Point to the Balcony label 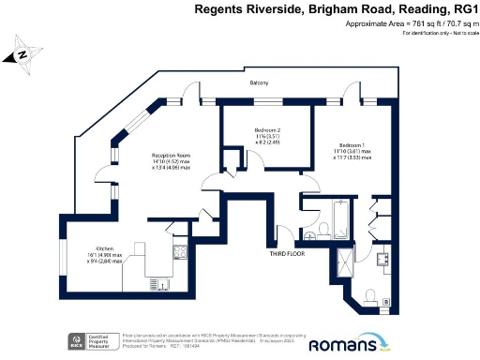tap(259, 83)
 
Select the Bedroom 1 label tap(352, 144)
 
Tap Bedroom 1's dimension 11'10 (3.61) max tap(352, 152)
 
